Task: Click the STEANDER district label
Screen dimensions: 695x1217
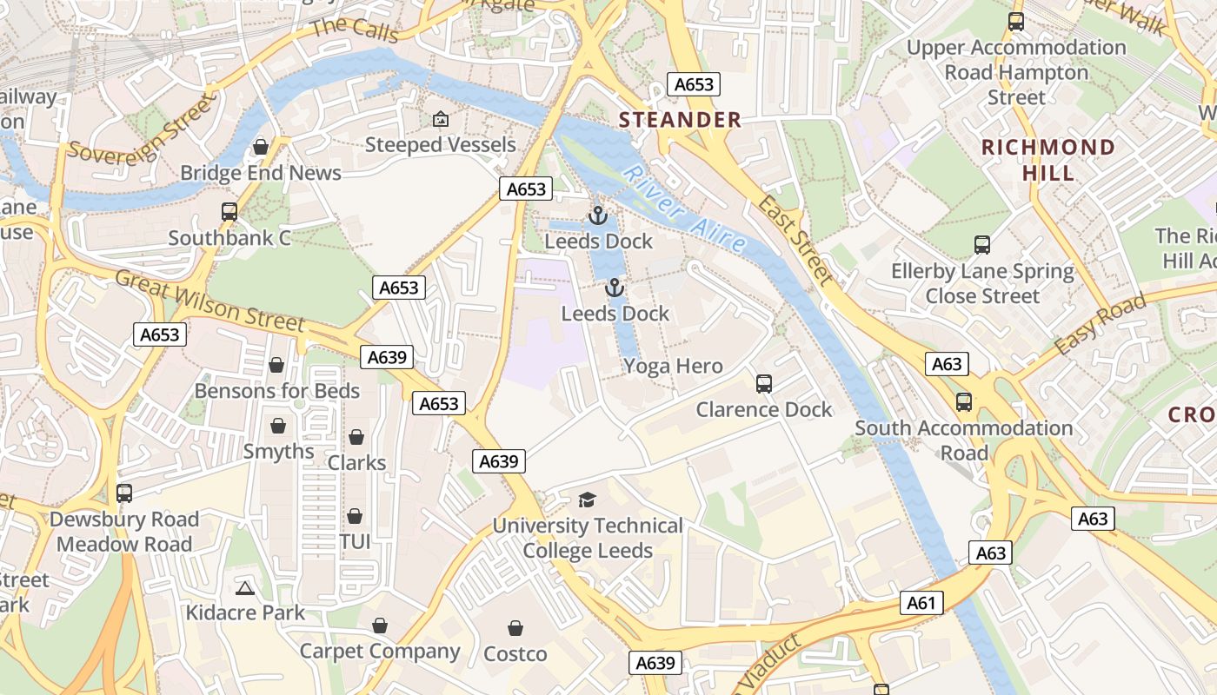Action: pos(680,120)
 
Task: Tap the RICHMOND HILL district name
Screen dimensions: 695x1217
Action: pos(1047,160)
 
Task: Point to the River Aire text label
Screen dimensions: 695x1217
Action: pos(685,208)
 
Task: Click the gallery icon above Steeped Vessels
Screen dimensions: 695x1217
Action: pos(441,119)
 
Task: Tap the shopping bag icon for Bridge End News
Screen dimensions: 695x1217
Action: pos(260,147)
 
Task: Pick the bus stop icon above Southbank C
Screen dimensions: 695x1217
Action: pos(229,212)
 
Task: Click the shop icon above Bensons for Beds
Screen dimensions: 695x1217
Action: pos(276,365)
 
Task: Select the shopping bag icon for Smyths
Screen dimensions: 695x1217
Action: pos(278,426)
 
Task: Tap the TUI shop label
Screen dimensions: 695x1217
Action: pos(355,542)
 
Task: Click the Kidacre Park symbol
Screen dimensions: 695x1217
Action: pos(245,588)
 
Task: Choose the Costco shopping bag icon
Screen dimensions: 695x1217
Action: pos(515,628)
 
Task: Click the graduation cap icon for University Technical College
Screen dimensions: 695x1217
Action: pos(588,500)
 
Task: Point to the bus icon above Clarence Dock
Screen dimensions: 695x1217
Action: pos(764,383)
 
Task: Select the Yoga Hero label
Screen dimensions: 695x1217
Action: pos(673,366)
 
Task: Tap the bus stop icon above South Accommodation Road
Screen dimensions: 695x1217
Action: pos(964,402)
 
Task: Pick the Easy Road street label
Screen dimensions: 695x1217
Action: pos(1100,325)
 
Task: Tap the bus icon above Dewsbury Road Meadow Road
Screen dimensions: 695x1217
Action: pos(124,493)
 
